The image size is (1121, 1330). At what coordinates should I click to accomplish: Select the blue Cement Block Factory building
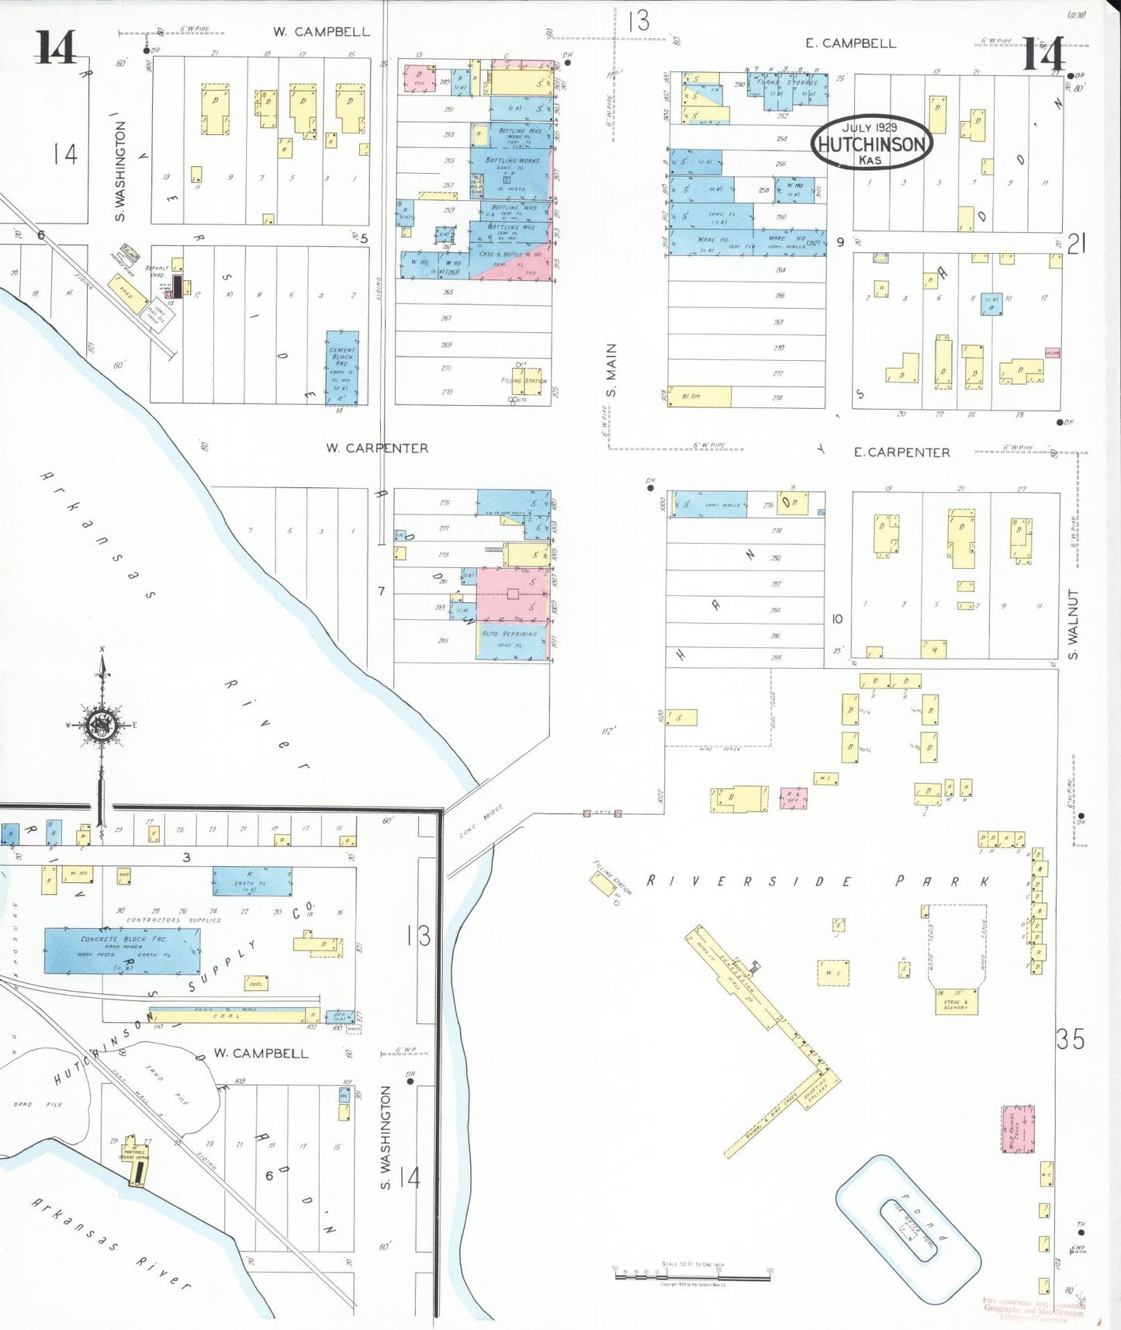(x=342, y=368)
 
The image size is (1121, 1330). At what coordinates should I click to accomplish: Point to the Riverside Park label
(x=818, y=881)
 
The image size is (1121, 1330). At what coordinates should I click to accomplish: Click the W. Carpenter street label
(x=377, y=448)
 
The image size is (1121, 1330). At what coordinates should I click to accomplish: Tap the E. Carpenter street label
(x=901, y=452)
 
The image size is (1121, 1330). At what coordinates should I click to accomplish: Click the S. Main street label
(x=611, y=370)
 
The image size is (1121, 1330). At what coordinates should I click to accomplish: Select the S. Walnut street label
(x=1074, y=624)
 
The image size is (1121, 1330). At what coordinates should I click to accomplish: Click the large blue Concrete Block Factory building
(x=122, y=950)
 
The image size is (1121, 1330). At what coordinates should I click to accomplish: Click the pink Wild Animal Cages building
(x=1017, y=1129)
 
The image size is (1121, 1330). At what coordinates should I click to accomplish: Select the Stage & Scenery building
(x=956, y=1002)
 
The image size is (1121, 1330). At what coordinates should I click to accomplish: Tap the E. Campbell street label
(x=850, y=43)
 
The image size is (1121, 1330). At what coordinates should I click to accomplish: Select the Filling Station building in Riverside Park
(x=604, y=883)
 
